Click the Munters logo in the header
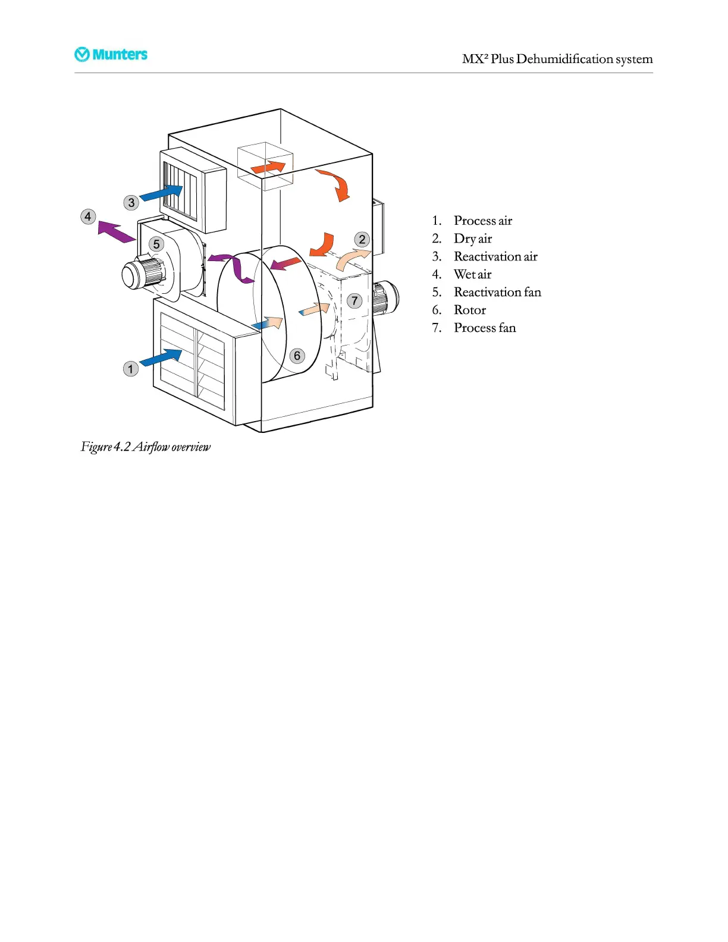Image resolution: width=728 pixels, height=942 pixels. [111, 55]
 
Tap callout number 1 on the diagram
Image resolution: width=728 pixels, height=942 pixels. [131, 369]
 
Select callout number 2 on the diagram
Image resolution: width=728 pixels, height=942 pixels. [362, 240]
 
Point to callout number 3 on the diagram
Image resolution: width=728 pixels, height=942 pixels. [131, 203]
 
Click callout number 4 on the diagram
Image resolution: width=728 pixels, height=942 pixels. [88, 216]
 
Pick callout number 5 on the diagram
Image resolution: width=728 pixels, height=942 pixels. [156, 244]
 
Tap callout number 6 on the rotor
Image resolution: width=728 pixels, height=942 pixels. [297, 356]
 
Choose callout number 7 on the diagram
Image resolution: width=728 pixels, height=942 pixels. [354, 301]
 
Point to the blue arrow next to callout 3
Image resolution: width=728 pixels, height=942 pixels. [161, 193]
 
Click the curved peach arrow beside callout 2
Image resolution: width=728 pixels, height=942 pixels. [351, 259]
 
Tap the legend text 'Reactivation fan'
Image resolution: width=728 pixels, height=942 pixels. [497, 292]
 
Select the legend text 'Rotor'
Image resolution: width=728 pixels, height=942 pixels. [469, 310]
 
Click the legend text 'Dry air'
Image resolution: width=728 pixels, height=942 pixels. [472, 238]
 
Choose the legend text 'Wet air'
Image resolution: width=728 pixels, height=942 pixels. [472, 274]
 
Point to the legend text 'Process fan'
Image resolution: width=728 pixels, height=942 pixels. [484, 328]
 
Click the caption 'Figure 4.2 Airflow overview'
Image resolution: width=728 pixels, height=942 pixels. [146, 447]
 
